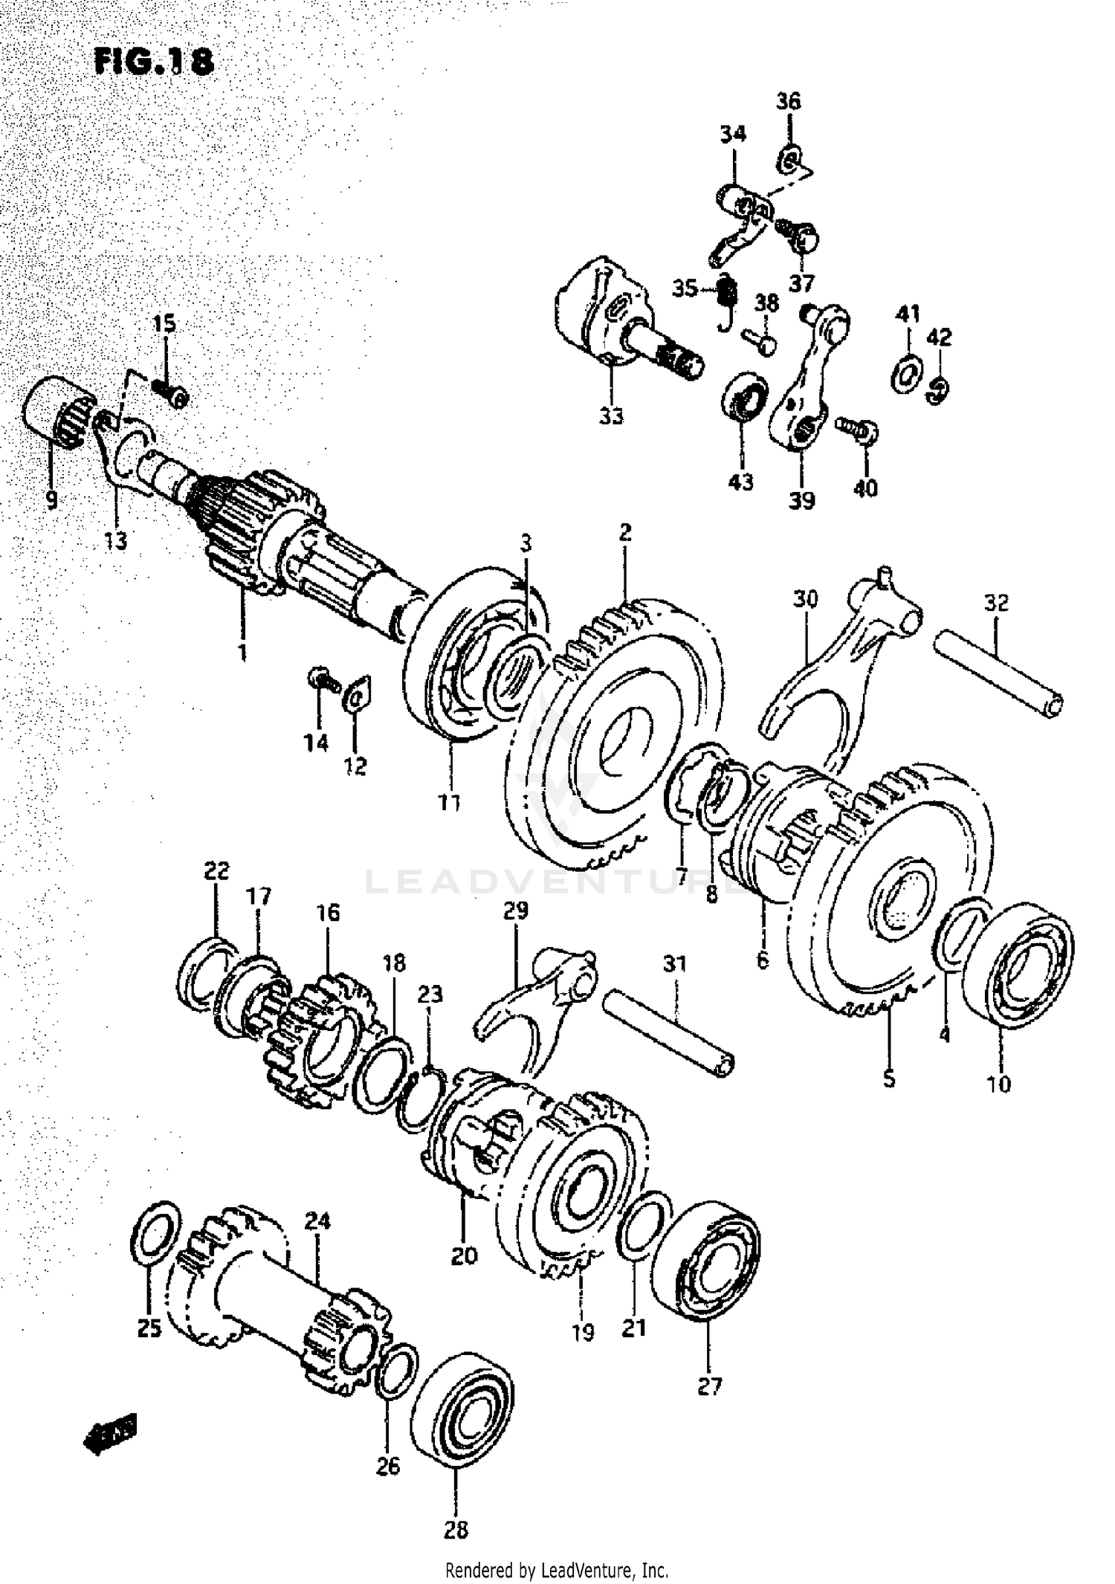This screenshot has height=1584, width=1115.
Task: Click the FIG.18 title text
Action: tap(154, 62)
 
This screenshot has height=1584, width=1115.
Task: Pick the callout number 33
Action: tap(611, 417)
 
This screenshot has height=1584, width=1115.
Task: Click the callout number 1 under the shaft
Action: tap(242, 653)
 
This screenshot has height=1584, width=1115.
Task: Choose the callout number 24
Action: tap(317, 1221)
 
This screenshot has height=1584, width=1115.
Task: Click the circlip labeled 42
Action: tap(940, 389)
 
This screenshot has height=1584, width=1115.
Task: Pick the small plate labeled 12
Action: tap(358, 694)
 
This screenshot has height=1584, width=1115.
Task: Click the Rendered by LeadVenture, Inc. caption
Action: tap(557, 1570)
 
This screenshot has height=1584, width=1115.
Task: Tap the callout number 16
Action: tap(329, 912)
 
